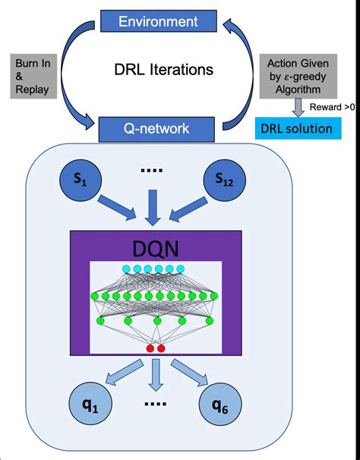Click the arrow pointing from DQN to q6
click(x=193, y=373)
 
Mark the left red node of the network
click(x=150, y=348)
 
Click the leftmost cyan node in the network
click(x=127, y=269)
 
